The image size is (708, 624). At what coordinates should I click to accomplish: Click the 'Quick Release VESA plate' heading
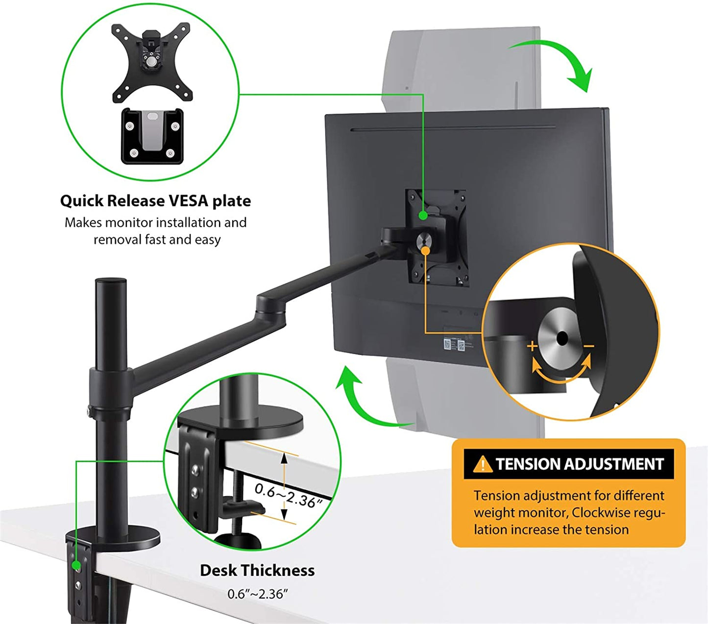155,201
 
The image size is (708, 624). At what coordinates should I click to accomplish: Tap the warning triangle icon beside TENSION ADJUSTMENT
483,464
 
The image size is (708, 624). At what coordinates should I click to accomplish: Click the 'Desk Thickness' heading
257,571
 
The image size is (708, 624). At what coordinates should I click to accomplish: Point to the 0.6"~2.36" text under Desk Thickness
257,594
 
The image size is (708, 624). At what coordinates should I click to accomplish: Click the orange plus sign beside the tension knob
532,346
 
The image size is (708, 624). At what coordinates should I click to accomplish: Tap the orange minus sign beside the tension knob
588,346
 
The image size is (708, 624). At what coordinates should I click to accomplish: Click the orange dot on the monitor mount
425,250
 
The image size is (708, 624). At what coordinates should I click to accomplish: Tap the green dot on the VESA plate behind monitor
422,215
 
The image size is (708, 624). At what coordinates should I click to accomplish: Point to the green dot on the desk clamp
76,566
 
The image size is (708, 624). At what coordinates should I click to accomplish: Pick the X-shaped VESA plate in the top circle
151,62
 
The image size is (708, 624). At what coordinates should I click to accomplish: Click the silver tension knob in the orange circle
562,338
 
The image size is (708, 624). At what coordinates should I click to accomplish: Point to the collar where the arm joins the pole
110,387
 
